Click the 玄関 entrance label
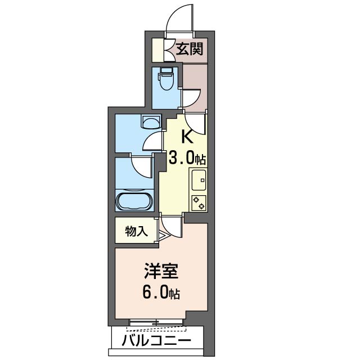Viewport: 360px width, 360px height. click(x=190, y=49)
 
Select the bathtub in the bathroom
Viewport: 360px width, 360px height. click(x=134, y=200)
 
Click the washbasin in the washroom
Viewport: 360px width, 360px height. click(x=151, y=121)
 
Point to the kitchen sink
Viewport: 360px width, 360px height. click(x=199, y=180)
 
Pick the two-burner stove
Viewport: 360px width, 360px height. click(x=199, y=203)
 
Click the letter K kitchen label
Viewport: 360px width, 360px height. click(x=187, y=137)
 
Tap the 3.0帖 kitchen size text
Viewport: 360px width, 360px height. click(x=187, y=159)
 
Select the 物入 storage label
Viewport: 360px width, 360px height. click(x=136, y=231)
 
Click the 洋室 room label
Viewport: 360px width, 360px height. click(x=161, y=271)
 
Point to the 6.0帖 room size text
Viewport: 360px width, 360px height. click(x=161, y=292)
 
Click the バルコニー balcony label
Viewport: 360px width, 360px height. click(x=156, y=340)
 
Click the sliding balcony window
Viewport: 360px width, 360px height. click(x=156, y=323)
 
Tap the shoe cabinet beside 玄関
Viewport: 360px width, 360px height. click(x=158, y=50)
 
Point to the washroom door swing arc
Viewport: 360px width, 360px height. click(x=151, y=142)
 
